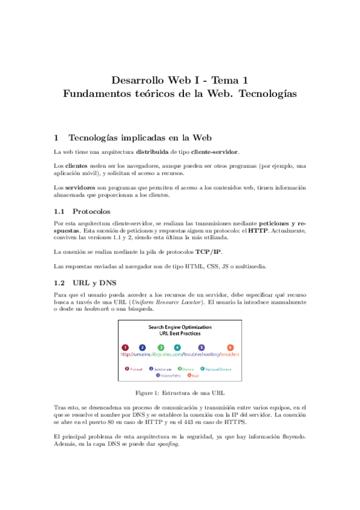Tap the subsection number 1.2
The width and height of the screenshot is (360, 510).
point(59,281)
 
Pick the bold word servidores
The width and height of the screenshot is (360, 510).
point(79,188)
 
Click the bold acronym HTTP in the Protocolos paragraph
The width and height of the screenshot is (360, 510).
point(258,230)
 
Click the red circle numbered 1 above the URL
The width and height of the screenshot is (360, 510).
point(125,348)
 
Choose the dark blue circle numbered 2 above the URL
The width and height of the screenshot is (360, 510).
point(142,348)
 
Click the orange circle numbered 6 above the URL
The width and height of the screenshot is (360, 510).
point(230,348)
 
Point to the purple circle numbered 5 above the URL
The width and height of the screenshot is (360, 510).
point(201,348)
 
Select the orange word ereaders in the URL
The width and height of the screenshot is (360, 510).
point(227,355)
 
